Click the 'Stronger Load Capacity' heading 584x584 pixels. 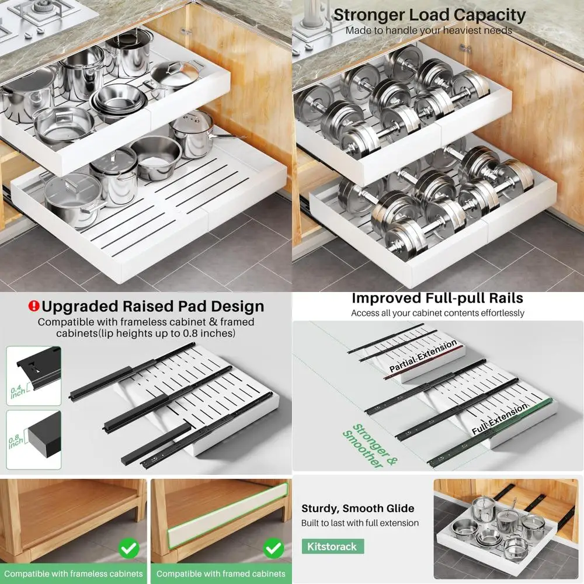pos(429,15)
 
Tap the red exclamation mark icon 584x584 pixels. pos(34,306)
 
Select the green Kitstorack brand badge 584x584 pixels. pos(332,547)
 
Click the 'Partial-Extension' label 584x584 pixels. pos(423,356)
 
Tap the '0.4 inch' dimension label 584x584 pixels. pos(16,391)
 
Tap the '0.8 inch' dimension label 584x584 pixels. pos(16,440)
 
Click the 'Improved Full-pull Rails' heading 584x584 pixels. pos(437,298)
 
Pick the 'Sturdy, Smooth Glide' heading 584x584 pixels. pos(357,508)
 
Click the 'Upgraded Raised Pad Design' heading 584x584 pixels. pos(153,306)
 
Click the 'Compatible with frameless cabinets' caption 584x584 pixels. pos(74,573)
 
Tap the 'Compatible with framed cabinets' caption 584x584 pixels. pos(221,573)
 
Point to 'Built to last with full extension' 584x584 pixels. pos(360,523)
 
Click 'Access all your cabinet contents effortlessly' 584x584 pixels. pos(437,313)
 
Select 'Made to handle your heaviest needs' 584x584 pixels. pos(428,30)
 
